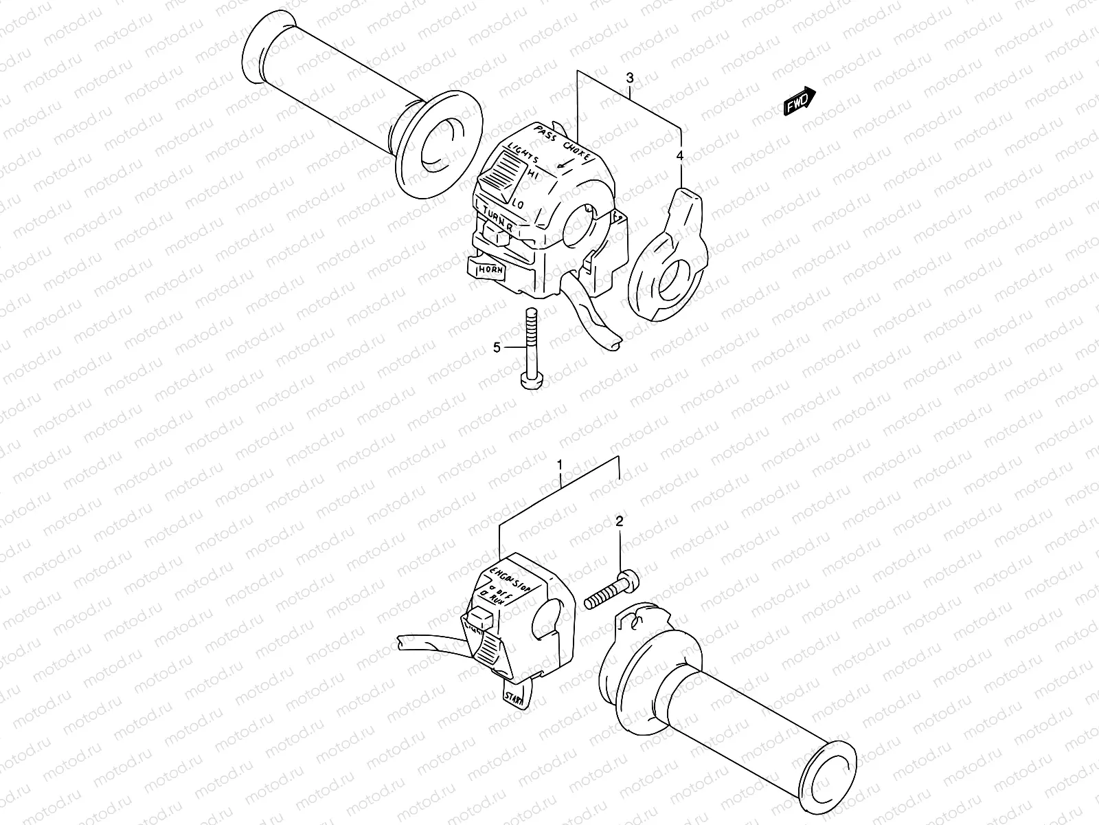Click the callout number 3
630,78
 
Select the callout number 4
680,157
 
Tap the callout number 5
497,349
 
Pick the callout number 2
619,522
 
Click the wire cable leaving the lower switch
426,643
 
